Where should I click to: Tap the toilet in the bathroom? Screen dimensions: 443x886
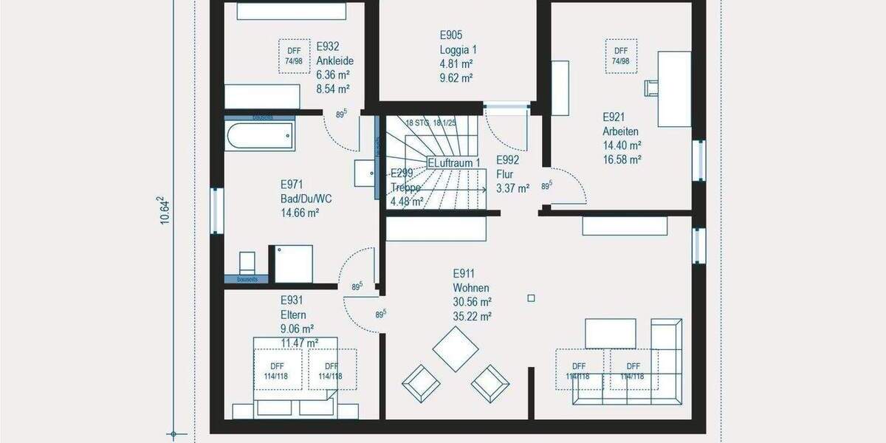(247, 263)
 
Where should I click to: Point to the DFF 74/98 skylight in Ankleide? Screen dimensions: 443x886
(292, 55)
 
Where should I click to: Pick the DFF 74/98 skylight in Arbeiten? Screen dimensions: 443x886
(620, 55)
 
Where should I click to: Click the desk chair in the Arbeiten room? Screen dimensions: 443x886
(652, 87)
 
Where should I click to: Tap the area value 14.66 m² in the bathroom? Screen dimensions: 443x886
(299, 213)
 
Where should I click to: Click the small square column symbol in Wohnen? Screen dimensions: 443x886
(531, 298)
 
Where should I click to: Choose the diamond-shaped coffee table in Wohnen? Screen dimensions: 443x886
(456, 349)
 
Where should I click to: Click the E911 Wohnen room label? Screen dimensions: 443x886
(471, 280)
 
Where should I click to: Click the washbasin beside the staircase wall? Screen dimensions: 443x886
(365, 174)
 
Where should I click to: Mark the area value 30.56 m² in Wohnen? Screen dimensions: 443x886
(473, 302)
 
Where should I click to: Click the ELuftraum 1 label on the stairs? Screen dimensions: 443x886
(453, 162)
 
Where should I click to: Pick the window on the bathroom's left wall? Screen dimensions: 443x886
(215, 210)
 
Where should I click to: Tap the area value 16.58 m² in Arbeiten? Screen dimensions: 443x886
(621, 159)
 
